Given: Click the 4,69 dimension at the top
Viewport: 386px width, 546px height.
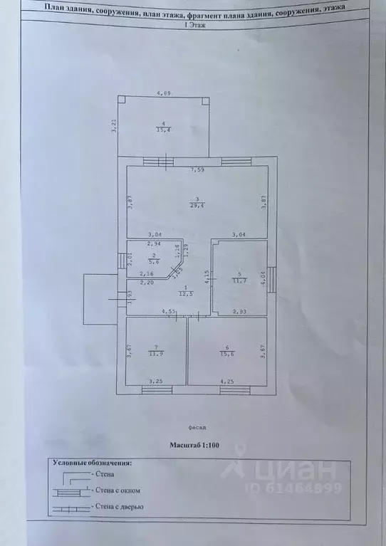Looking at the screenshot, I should coord(163,93).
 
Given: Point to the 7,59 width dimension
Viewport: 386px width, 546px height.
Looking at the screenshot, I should coord(197,170).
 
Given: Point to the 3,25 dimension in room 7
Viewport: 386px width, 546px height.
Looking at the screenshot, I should coord(154,382).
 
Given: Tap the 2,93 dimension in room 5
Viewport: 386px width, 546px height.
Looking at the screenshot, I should coord(241,311).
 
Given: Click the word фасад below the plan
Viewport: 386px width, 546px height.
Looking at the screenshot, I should coord(198,428).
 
